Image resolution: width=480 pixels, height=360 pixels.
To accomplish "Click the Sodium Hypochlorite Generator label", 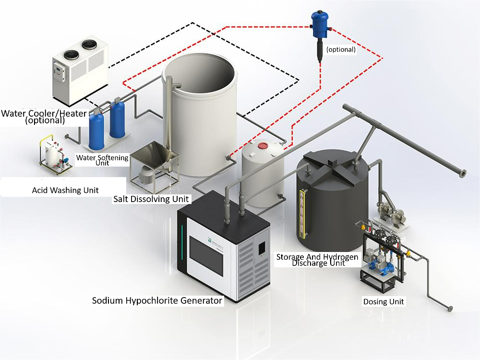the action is click(157, 300).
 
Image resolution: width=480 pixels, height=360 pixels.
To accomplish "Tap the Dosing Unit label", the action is click(384, 301).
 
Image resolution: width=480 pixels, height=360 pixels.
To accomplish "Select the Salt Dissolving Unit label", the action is click(151, 199).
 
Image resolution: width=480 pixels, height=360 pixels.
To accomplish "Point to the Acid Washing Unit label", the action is click(65, 190).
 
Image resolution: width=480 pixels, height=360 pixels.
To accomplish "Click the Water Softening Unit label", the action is click(102, 160).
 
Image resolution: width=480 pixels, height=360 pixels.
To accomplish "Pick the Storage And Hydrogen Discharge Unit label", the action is click(317, 260).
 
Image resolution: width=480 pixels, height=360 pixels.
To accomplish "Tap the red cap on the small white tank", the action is click(263, 144).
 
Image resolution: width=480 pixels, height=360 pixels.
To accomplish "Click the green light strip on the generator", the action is click(182, 242).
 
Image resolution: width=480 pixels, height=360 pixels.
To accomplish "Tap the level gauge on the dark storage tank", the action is click(304, 214).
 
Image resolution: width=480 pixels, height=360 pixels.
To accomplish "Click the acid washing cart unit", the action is click(55, 156).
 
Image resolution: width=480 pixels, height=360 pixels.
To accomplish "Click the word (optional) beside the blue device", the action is click(341, 49).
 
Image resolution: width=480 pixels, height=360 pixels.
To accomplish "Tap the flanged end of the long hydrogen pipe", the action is click(463, 174).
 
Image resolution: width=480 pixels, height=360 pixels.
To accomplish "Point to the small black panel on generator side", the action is click(262, 248).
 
